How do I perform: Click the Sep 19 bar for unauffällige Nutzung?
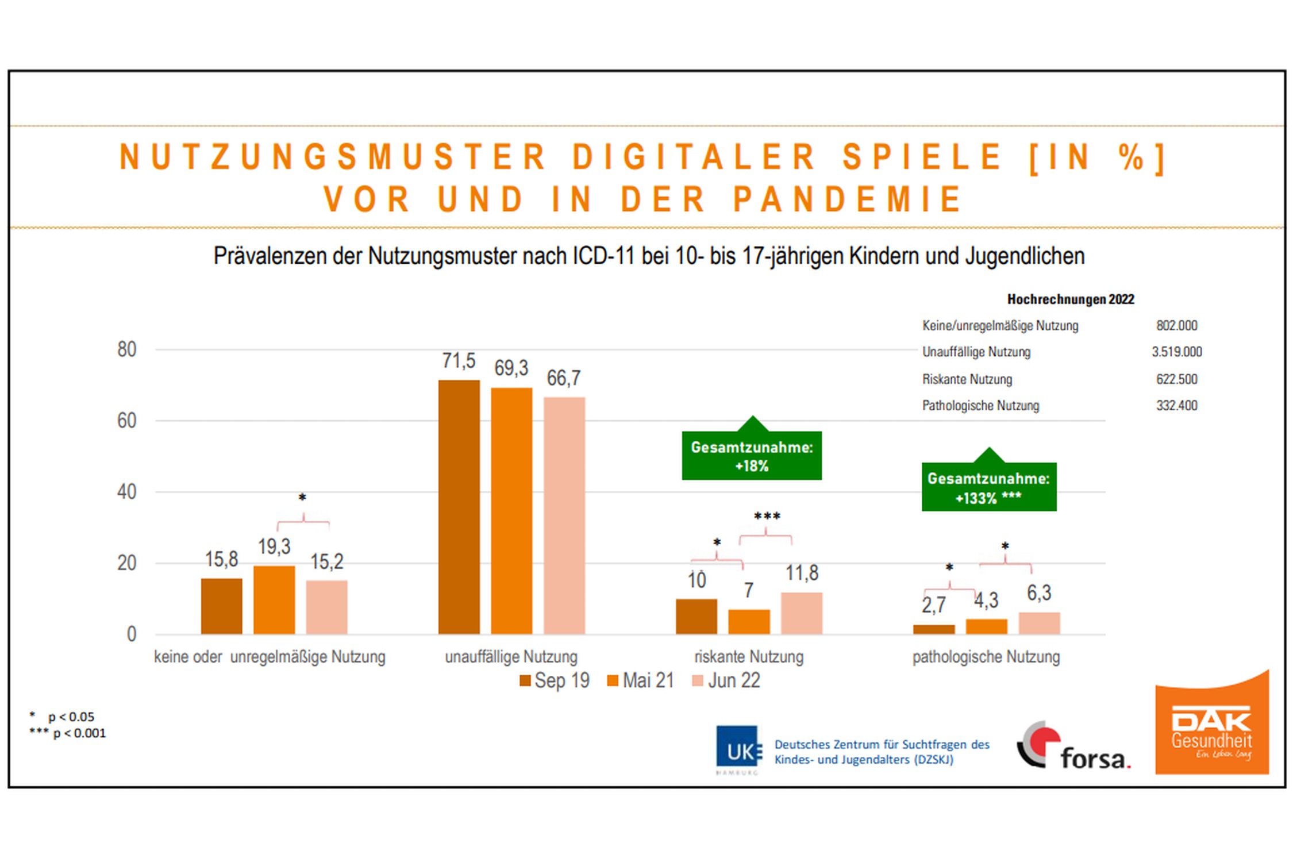(x=459, y=507)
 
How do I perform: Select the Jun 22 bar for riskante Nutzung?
(x=801, y=613)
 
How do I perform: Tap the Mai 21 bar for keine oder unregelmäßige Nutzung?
(x=274, y=600)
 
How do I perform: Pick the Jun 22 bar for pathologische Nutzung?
(x=1039, y=624)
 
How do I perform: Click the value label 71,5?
(x=459, y=361)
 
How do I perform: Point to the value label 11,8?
(x=802, y=573)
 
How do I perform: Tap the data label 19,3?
(x=274, y=547)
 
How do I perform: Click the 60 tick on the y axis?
(x=126, y=421)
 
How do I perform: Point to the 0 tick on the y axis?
(x=132, y=634)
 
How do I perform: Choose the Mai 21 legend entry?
(x=640, y=680)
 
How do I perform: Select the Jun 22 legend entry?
(x=726, y=680)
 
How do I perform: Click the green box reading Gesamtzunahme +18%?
(x=752, y=456)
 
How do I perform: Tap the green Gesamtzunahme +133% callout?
(x=988, y=487)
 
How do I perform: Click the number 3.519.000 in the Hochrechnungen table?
(x=1176, y=352)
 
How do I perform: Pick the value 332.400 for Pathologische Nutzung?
(x=1176, y=406)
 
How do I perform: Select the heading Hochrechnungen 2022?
(x=1070, y=299)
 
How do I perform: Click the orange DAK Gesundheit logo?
(x=1212, y=726)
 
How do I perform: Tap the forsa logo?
(x=1073, y=747)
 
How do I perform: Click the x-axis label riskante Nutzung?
(x=748, y=657)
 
